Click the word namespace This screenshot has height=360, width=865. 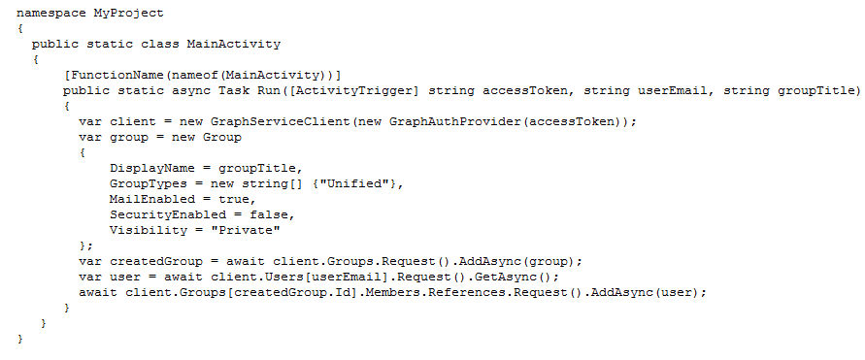[x=51, y=13]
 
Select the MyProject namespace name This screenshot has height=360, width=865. [x=128, y=13]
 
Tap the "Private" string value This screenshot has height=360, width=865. [x=246, y=230]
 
